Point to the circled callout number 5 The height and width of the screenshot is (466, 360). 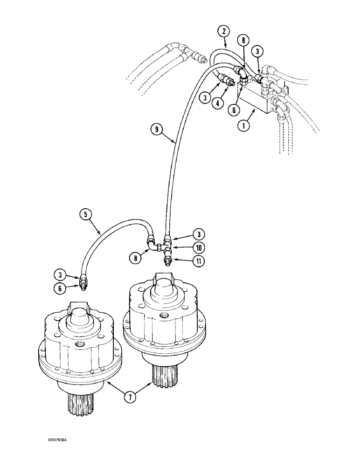coord(85,215)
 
